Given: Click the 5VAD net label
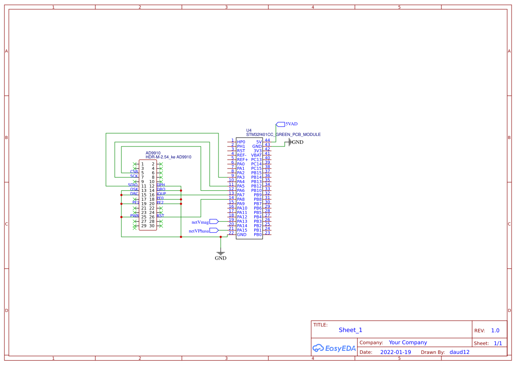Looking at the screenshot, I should (291, 124).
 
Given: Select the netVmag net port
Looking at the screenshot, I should (214, 222).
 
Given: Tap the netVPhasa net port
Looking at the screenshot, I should (214, 230).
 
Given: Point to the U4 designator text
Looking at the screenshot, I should (249, 130).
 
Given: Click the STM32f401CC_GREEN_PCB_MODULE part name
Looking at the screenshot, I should (283, 135).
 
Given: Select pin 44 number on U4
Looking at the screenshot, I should (267, 140).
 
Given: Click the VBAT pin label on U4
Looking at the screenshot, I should (256, 155).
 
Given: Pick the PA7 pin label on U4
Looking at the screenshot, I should (241, 195).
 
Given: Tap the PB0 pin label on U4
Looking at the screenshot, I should (258, 235).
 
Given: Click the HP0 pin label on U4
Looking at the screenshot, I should (241, 142).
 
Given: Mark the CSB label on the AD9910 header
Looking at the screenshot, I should (134, 172).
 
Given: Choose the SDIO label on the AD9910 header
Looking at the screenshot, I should (133, 185).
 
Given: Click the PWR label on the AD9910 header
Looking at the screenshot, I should (135, 216).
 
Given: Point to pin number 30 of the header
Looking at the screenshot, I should (152, 226).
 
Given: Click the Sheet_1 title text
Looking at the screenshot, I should (350, 330).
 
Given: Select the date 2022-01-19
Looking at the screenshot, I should (395, 352).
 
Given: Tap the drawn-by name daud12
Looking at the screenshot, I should (460, 352).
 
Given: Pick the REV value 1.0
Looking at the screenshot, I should (495, 331).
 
